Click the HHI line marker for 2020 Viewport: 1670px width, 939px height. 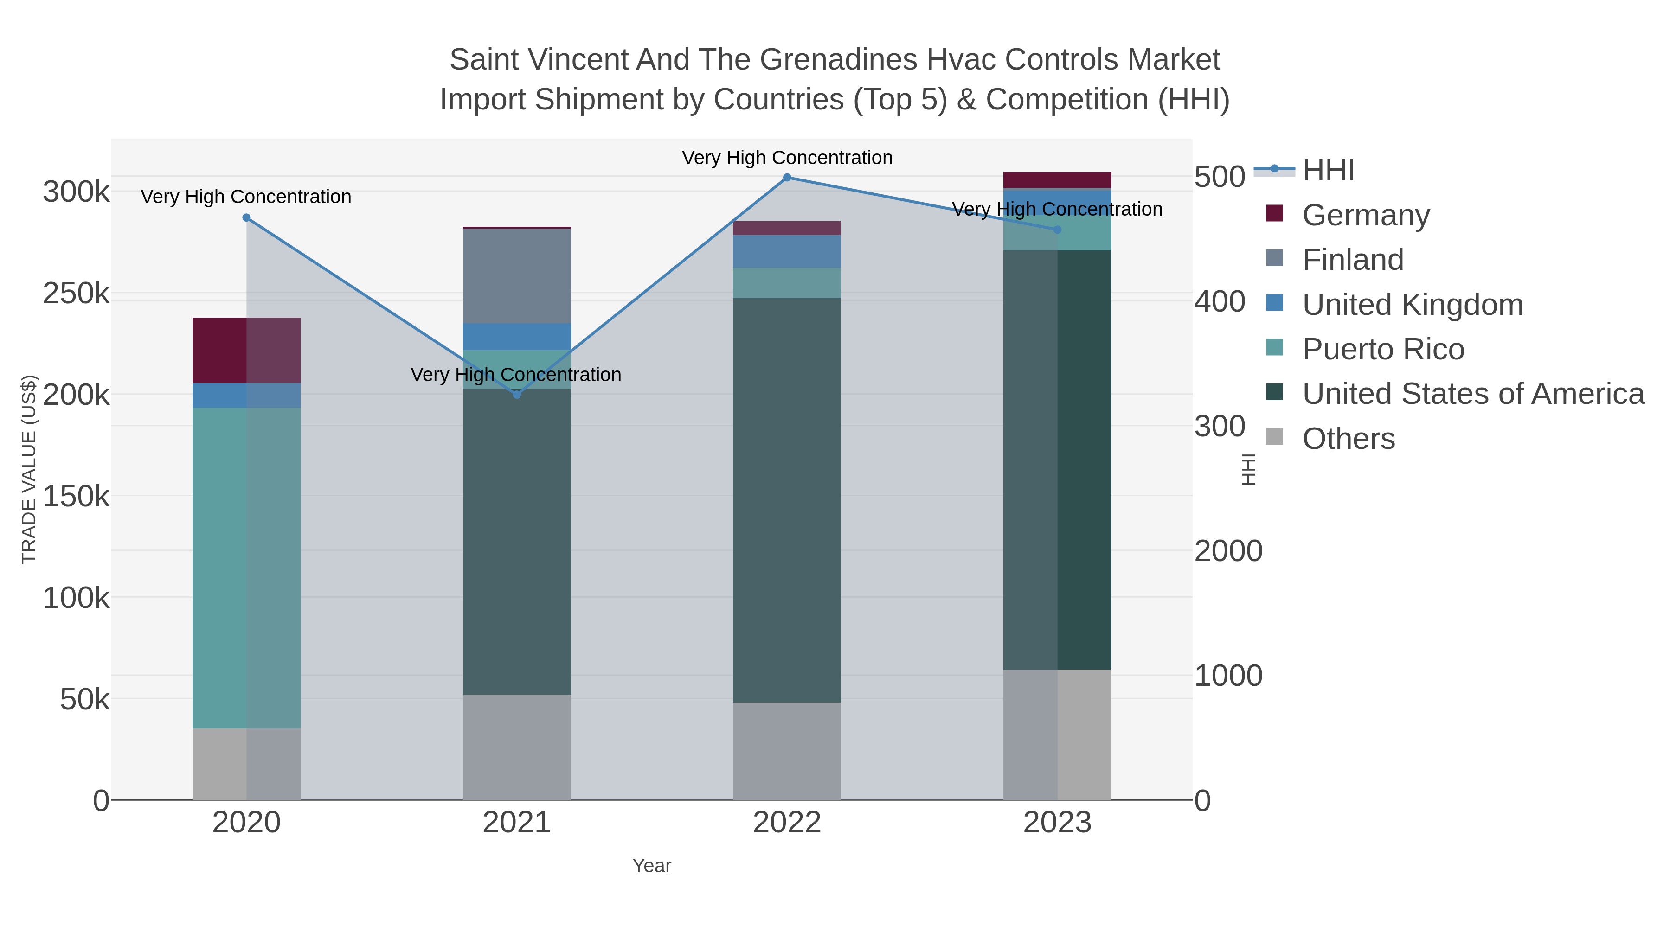[246, 218]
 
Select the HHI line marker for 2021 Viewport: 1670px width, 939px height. [517, 395]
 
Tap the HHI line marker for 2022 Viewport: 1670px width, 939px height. [787, 178]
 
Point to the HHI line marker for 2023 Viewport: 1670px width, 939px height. [1057, 230]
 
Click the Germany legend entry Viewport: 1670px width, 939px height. [1365, 215]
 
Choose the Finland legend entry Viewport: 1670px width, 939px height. [1352, 260]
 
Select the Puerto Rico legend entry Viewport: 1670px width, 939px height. [1383, 349]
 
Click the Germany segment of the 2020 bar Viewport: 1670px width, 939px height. [246, 350]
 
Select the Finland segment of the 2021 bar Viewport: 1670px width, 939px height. [517, 276]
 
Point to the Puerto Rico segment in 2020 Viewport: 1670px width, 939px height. [246, 567]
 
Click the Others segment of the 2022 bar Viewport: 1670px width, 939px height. [787, 750]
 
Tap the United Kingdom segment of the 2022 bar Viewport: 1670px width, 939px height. [787, 251]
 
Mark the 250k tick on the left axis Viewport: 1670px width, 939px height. [76, 294]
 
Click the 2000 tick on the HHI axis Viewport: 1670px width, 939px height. [1228, 551]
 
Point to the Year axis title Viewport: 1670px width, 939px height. [652, 866]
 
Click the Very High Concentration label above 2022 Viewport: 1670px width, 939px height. [787, 158]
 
